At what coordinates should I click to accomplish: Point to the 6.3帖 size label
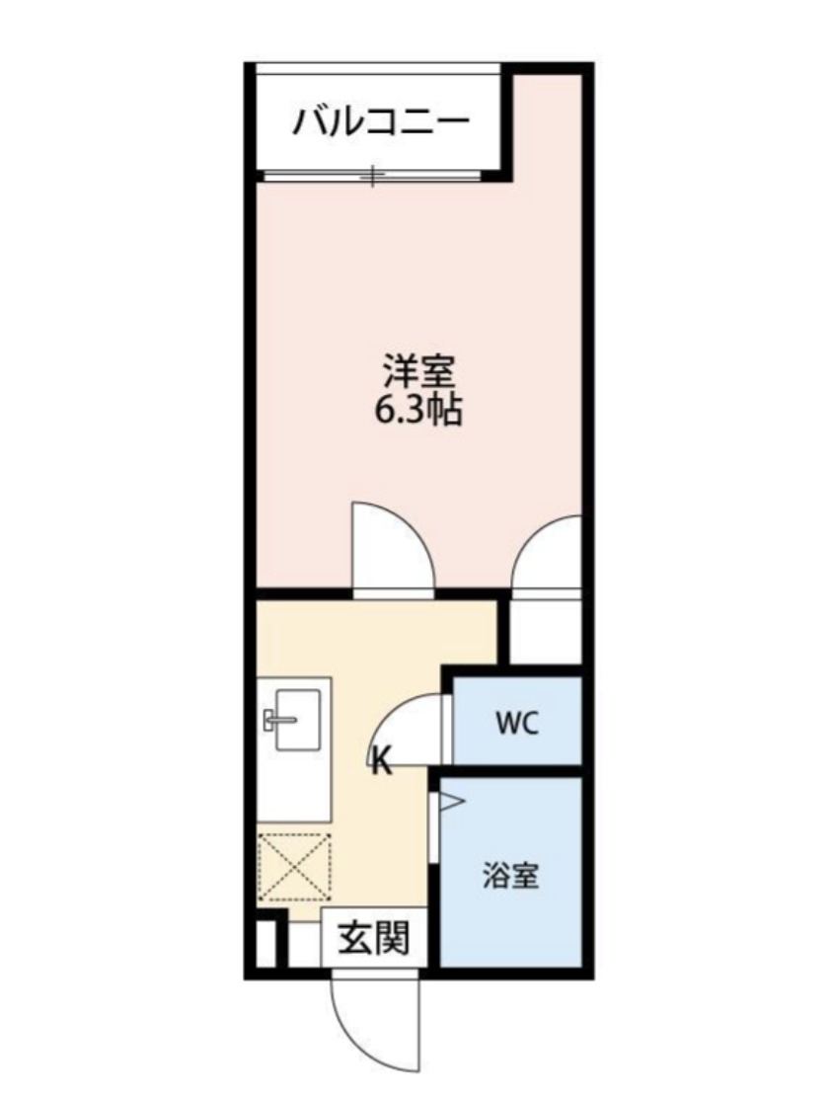418,410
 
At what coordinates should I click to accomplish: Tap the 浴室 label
511,875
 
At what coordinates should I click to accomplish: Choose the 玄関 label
374,939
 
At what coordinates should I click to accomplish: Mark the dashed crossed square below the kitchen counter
294,867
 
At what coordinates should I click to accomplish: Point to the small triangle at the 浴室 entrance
450,803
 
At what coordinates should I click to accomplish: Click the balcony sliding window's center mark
373,176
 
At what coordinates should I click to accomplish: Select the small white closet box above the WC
546,632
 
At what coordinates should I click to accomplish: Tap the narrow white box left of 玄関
264,943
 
